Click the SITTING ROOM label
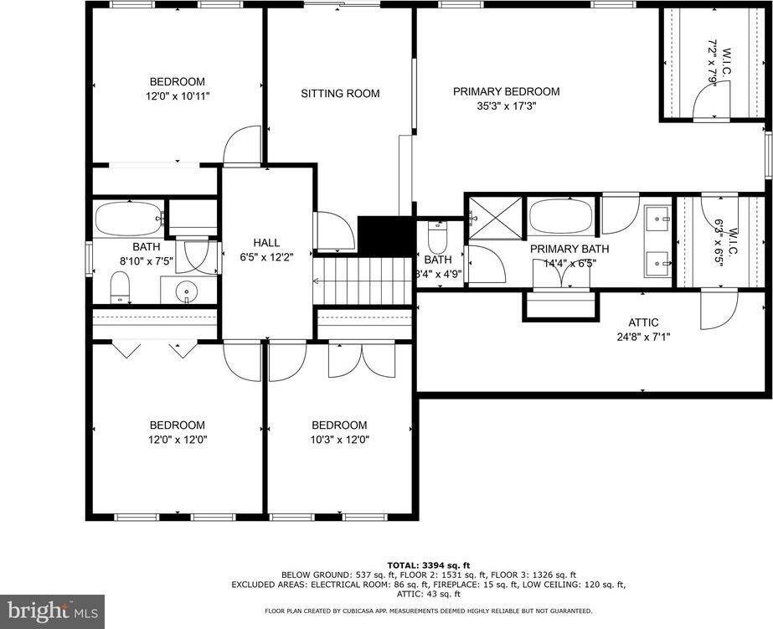coord(340,93)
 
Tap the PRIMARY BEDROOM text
coord(506,91)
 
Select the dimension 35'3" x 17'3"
coord(506,106)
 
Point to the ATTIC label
coord(643,322)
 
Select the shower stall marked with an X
coord(494,218)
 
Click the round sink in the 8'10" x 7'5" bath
coord(185,291)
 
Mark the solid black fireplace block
coord(386,235)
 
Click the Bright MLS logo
coord(52,611)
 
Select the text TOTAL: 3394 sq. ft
coord(429,565)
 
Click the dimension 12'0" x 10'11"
coord(177,95)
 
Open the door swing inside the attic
coord(717,311)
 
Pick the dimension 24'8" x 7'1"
coord(643,338)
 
